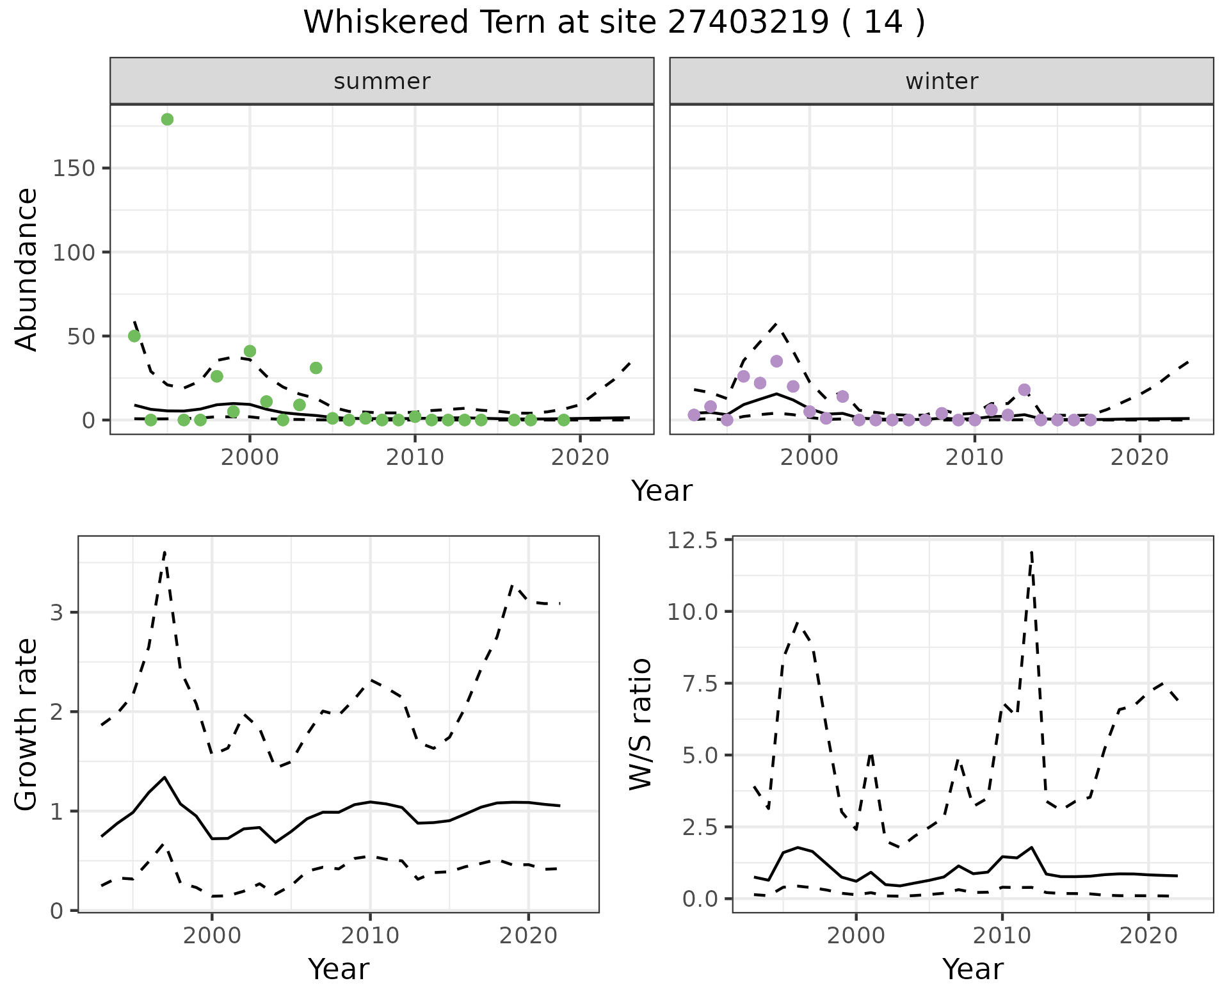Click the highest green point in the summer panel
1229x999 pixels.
click(167, 119)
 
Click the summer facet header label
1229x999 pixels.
click(382, 81)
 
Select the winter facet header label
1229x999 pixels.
click(942, 81)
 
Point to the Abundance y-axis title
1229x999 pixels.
click(27, 269)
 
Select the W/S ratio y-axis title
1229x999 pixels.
click(640, 724)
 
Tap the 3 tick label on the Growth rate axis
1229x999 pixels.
click(56, 613)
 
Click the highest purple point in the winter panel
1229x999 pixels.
click(776, 361)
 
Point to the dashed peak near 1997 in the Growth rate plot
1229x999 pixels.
click(165, 552)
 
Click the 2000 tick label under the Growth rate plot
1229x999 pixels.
click(212, 936)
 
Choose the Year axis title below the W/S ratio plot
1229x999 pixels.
click(972, 970)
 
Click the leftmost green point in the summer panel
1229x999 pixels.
click(134, 336)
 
